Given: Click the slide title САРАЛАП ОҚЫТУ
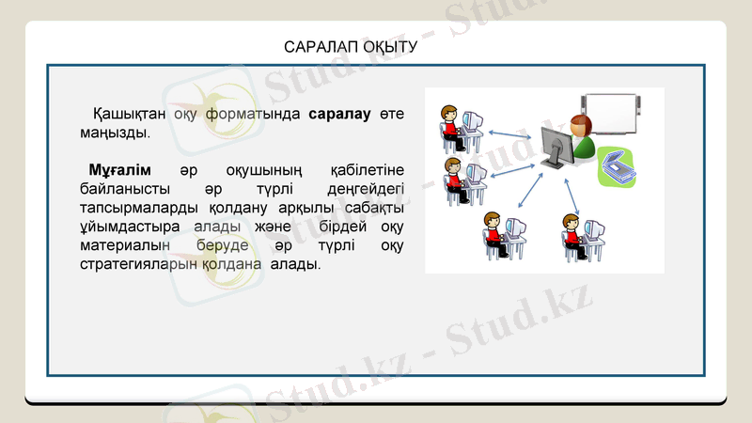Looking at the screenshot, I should coord(350,46).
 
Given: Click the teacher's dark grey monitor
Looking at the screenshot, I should coord(557,148).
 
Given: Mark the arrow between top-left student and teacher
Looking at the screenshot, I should coord(512,136).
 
